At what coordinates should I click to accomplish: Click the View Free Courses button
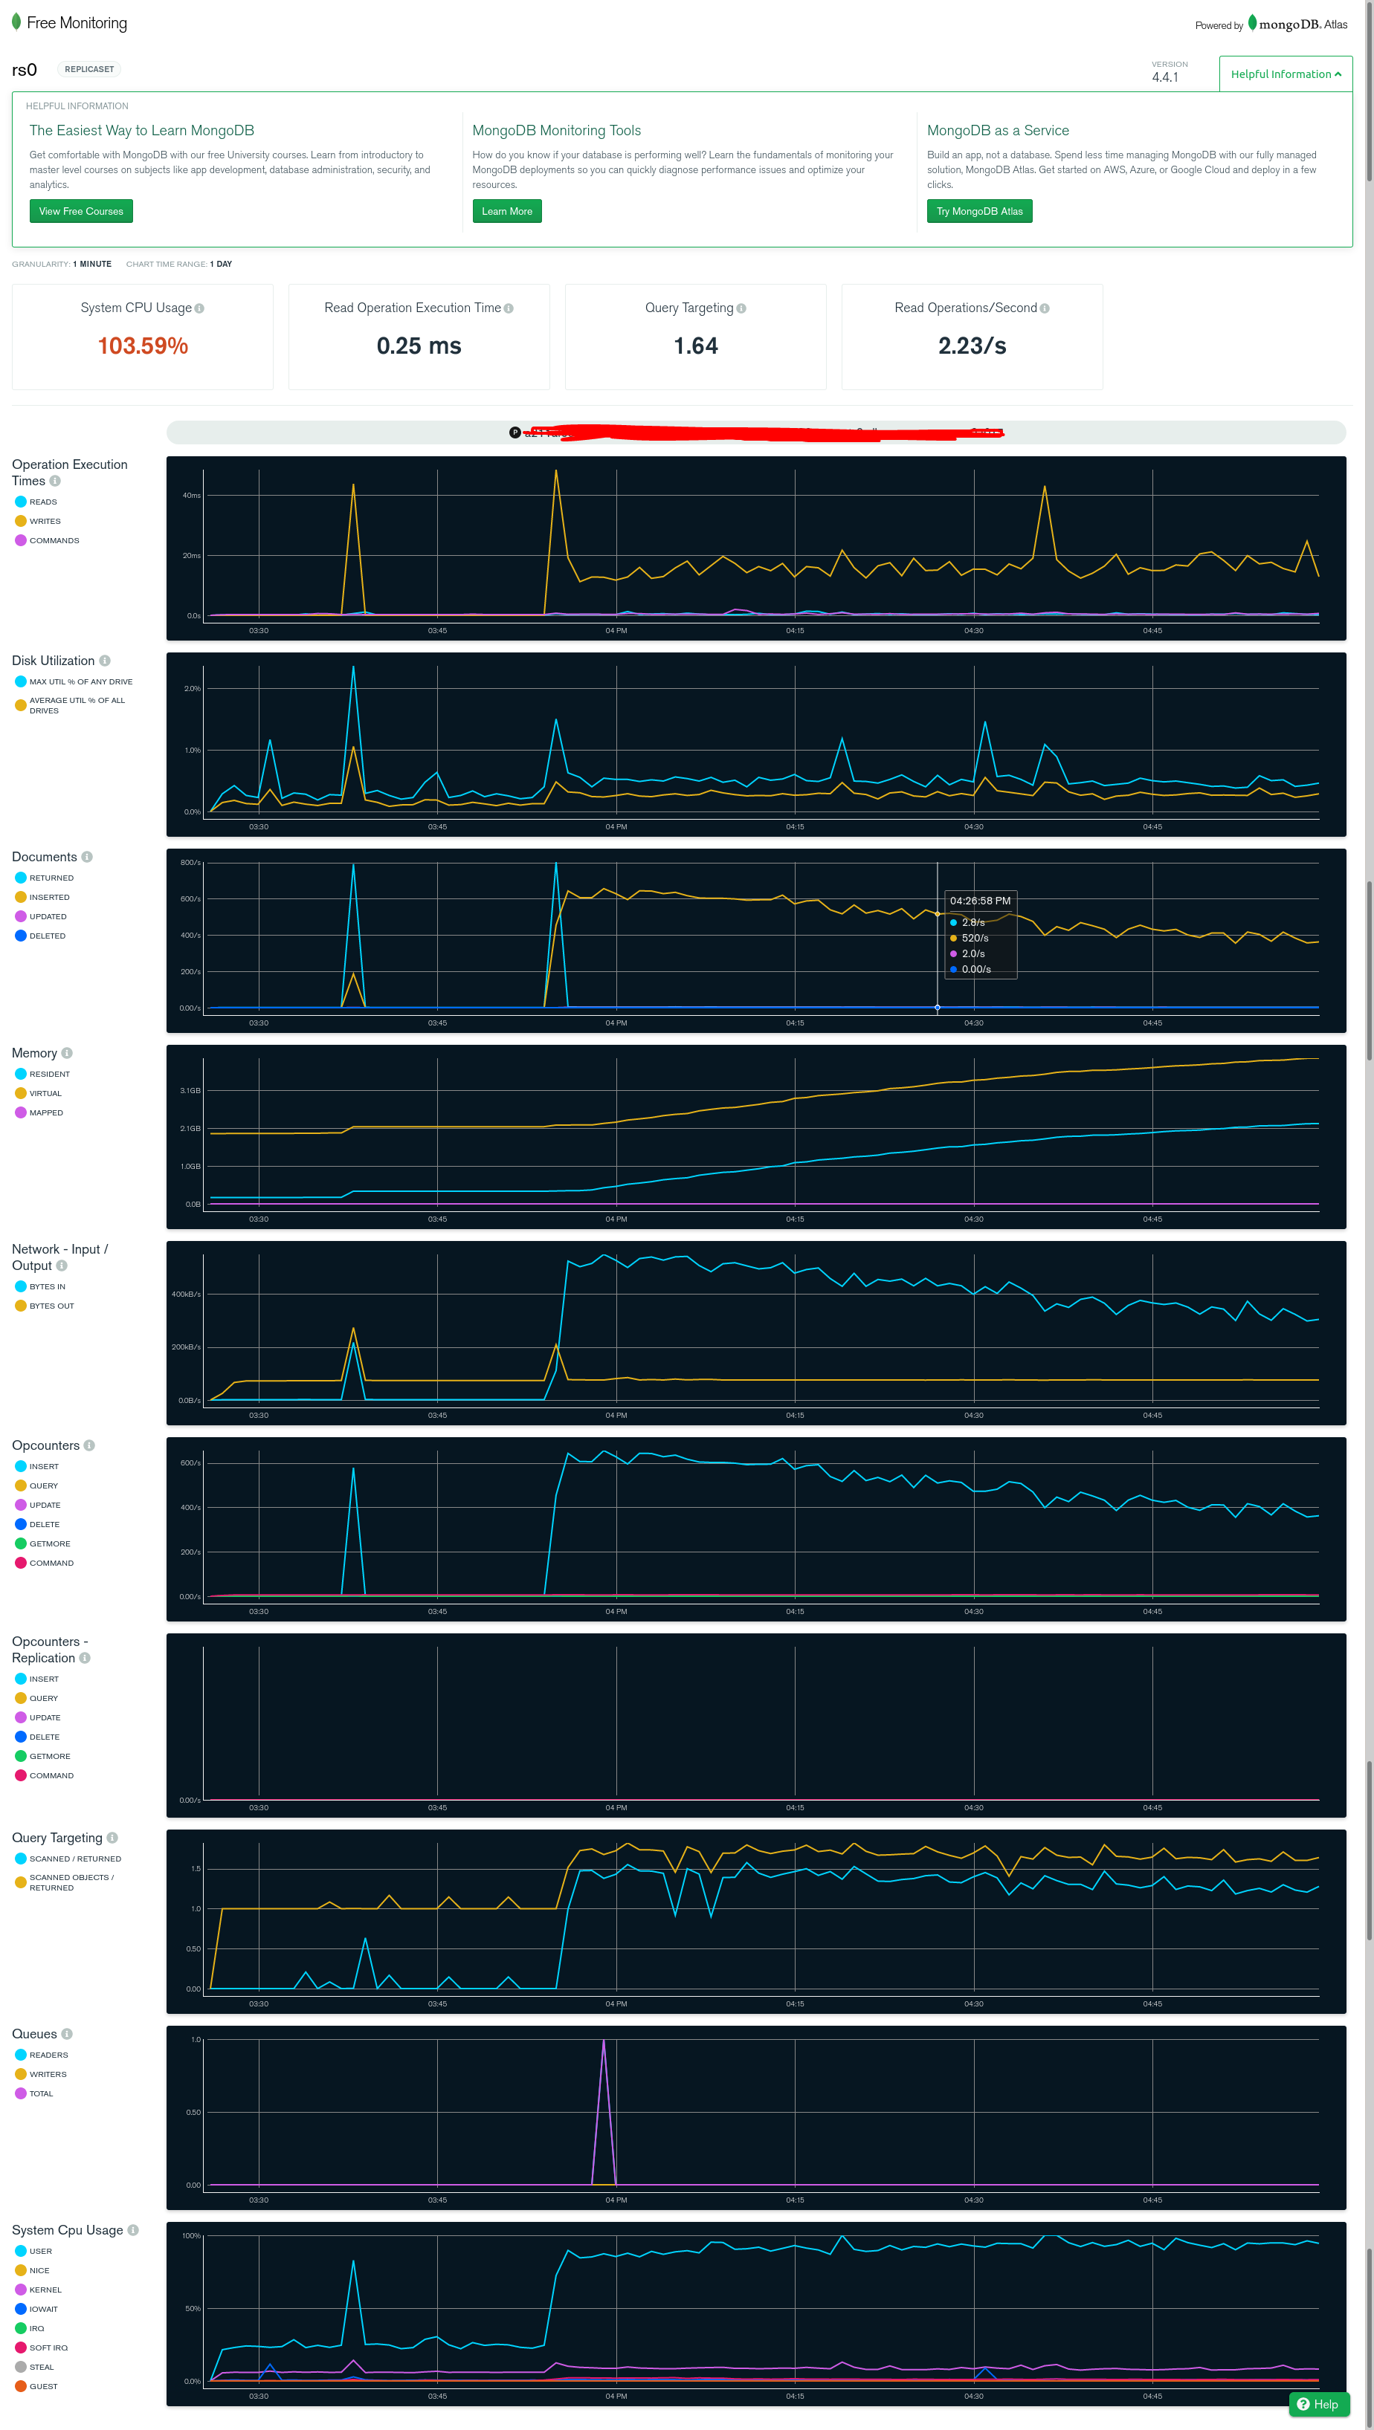point(81,211)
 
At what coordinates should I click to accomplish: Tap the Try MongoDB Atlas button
point(978,211)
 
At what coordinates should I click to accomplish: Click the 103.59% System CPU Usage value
point(143,346)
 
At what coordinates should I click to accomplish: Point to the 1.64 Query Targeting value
point(695,346)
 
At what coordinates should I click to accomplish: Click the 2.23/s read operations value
point(971,346)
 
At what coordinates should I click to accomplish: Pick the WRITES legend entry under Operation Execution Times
point(45,522)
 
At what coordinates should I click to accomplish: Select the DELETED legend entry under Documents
point(47,936)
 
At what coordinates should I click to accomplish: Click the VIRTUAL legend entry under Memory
point(45,1093)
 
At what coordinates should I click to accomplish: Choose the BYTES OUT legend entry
point(51,1306)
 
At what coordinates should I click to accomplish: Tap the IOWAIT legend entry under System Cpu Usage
point(43,2310)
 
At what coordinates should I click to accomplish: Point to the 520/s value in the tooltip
point(975,938)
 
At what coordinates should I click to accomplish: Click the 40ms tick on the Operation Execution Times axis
point(192,495)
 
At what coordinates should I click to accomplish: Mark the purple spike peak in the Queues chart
point(604,2041)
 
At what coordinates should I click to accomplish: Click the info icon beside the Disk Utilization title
point(105,661)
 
